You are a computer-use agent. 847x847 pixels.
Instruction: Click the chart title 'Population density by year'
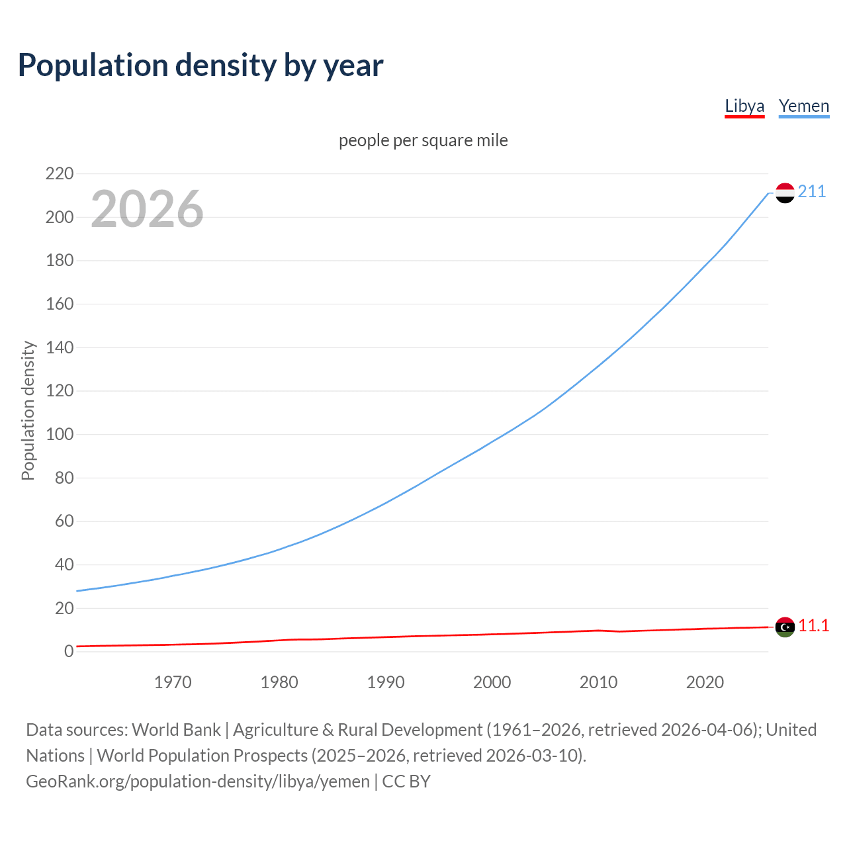201,66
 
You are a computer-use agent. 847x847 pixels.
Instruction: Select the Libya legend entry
744,106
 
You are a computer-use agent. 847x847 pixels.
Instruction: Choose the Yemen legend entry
803,106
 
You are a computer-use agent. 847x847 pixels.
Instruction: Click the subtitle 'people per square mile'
423,140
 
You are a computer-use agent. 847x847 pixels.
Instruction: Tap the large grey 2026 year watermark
147,209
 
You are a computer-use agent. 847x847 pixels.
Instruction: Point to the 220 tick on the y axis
60,174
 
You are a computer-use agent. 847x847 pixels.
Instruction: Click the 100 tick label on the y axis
60,435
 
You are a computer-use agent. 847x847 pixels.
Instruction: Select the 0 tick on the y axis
69,652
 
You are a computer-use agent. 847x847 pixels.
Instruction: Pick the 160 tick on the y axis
60,304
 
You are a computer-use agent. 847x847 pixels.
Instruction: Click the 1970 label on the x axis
173,682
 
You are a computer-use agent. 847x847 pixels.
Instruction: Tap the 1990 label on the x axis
386,682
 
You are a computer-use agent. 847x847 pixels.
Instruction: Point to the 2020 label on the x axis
705,682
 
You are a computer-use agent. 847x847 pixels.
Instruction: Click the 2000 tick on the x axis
492,682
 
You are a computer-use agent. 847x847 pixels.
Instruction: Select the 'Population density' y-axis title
28,410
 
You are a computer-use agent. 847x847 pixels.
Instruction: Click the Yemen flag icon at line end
785,193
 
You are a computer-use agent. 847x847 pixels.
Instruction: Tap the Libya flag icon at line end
785,627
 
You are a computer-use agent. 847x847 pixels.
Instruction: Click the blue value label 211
812,192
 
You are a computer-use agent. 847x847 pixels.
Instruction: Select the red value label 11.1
813,626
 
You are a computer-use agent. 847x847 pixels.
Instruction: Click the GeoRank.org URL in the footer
198,781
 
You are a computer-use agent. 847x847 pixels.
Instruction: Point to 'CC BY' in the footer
406,781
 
